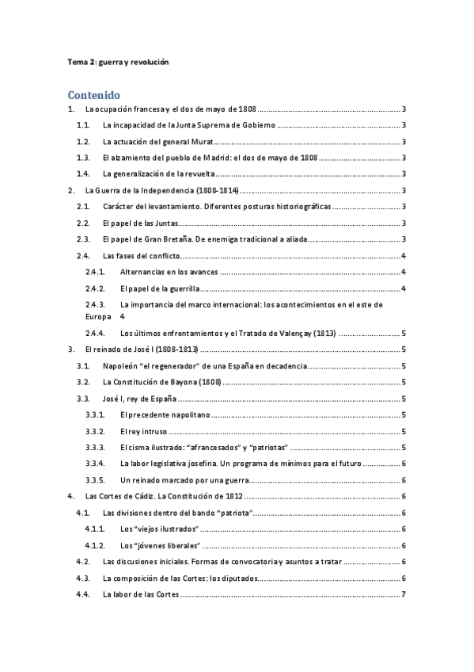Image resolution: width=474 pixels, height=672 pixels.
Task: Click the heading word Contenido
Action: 93,94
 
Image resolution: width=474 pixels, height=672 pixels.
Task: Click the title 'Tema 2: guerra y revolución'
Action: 117,61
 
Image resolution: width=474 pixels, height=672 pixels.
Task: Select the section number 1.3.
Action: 83,158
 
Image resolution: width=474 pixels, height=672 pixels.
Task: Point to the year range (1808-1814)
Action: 211,190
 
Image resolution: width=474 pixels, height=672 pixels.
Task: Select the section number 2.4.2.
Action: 95,288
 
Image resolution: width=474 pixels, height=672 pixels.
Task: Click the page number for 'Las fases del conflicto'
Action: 404,255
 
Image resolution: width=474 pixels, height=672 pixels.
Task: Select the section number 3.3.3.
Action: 95,448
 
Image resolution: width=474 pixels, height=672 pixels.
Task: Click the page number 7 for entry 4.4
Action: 404,594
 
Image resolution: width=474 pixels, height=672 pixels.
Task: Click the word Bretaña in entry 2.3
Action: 180,239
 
